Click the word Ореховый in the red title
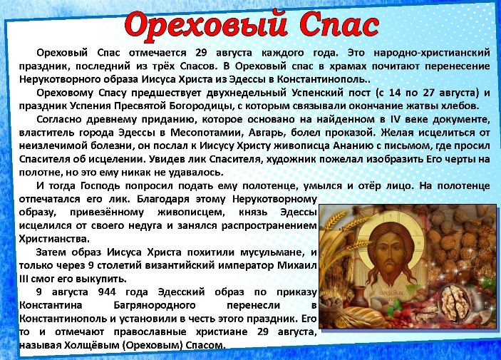pyautogui.click(x=205, y=25)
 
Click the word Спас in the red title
pyautogui.click(x=339, y=24)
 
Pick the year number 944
pyautogui.click(x=107, y=292)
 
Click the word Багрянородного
pyautogui.click(x=155, y=305)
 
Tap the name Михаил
pyautogui.click(x=297, y=265)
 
